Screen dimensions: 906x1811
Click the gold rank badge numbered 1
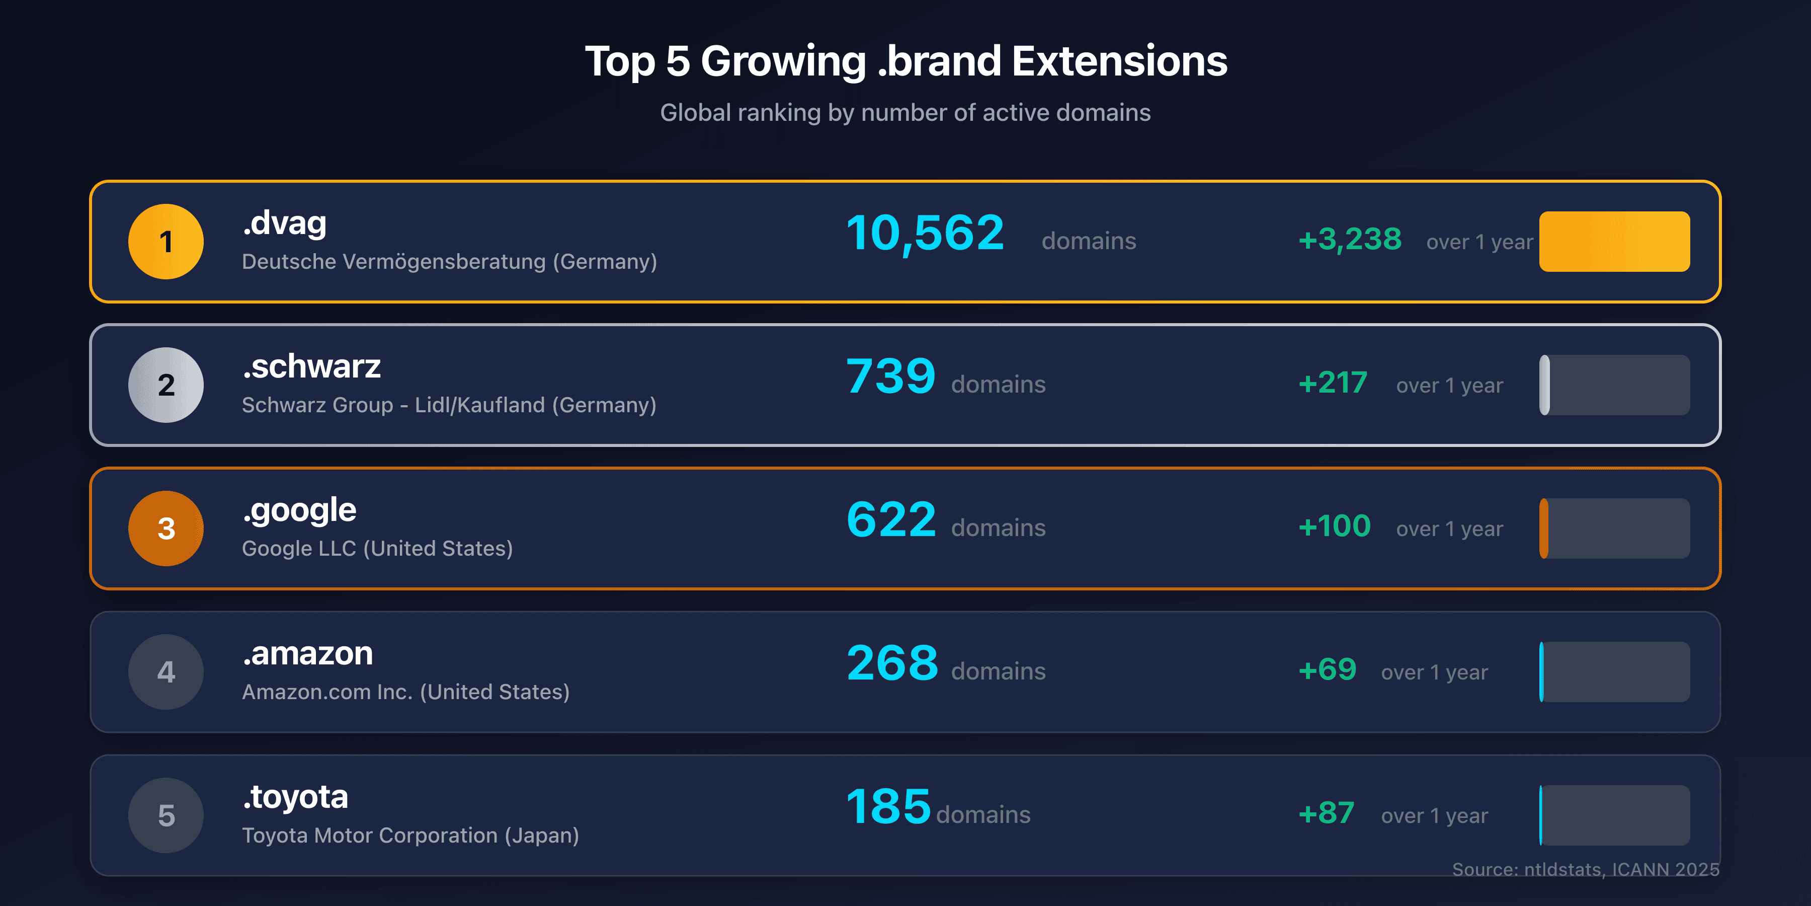[x=166, y=241]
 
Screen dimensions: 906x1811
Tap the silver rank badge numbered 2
[x=166, y=385]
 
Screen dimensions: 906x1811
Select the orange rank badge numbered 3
[x=166, y=528]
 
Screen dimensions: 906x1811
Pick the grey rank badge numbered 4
[x=166, y=672]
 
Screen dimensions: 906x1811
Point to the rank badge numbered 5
[x=166, y=815]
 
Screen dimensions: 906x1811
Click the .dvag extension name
[x=285, y=223]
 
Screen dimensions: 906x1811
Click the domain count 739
[x=891, y=376]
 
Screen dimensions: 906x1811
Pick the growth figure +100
[x=1334, y=526]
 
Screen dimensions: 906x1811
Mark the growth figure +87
[x=1326, y=813]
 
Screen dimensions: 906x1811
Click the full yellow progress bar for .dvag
[x=1614, y=241]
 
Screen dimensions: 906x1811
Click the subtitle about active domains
[x=905, y=113]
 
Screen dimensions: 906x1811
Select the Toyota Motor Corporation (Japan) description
[x=410, y=835]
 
